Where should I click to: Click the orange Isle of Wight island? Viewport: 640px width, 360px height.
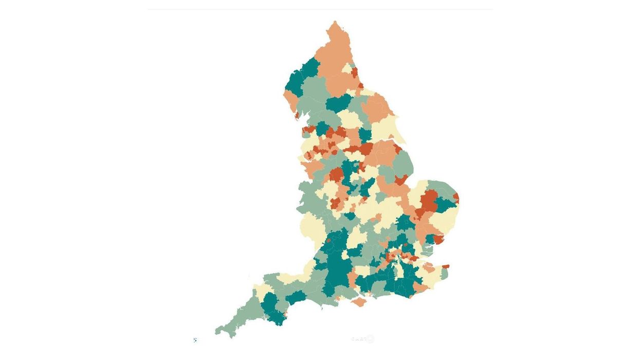(x=359, y=302)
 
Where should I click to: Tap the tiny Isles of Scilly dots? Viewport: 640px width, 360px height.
(x=195, y=340)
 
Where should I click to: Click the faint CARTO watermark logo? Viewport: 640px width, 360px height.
(x=362, y=339)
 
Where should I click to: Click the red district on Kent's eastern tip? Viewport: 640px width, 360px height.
(x=445, y=266)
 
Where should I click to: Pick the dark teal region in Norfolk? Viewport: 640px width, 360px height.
(x=445, y=205)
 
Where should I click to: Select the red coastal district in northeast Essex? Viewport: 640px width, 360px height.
(x=438, y=239)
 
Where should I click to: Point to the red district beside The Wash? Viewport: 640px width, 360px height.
(x=401, y=180)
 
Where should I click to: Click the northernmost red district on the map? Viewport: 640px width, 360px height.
(x=354, y=71)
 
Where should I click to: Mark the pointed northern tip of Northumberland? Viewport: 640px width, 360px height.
(x=335, y=23)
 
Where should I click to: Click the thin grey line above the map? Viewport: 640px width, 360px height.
(x=320, y=9)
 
